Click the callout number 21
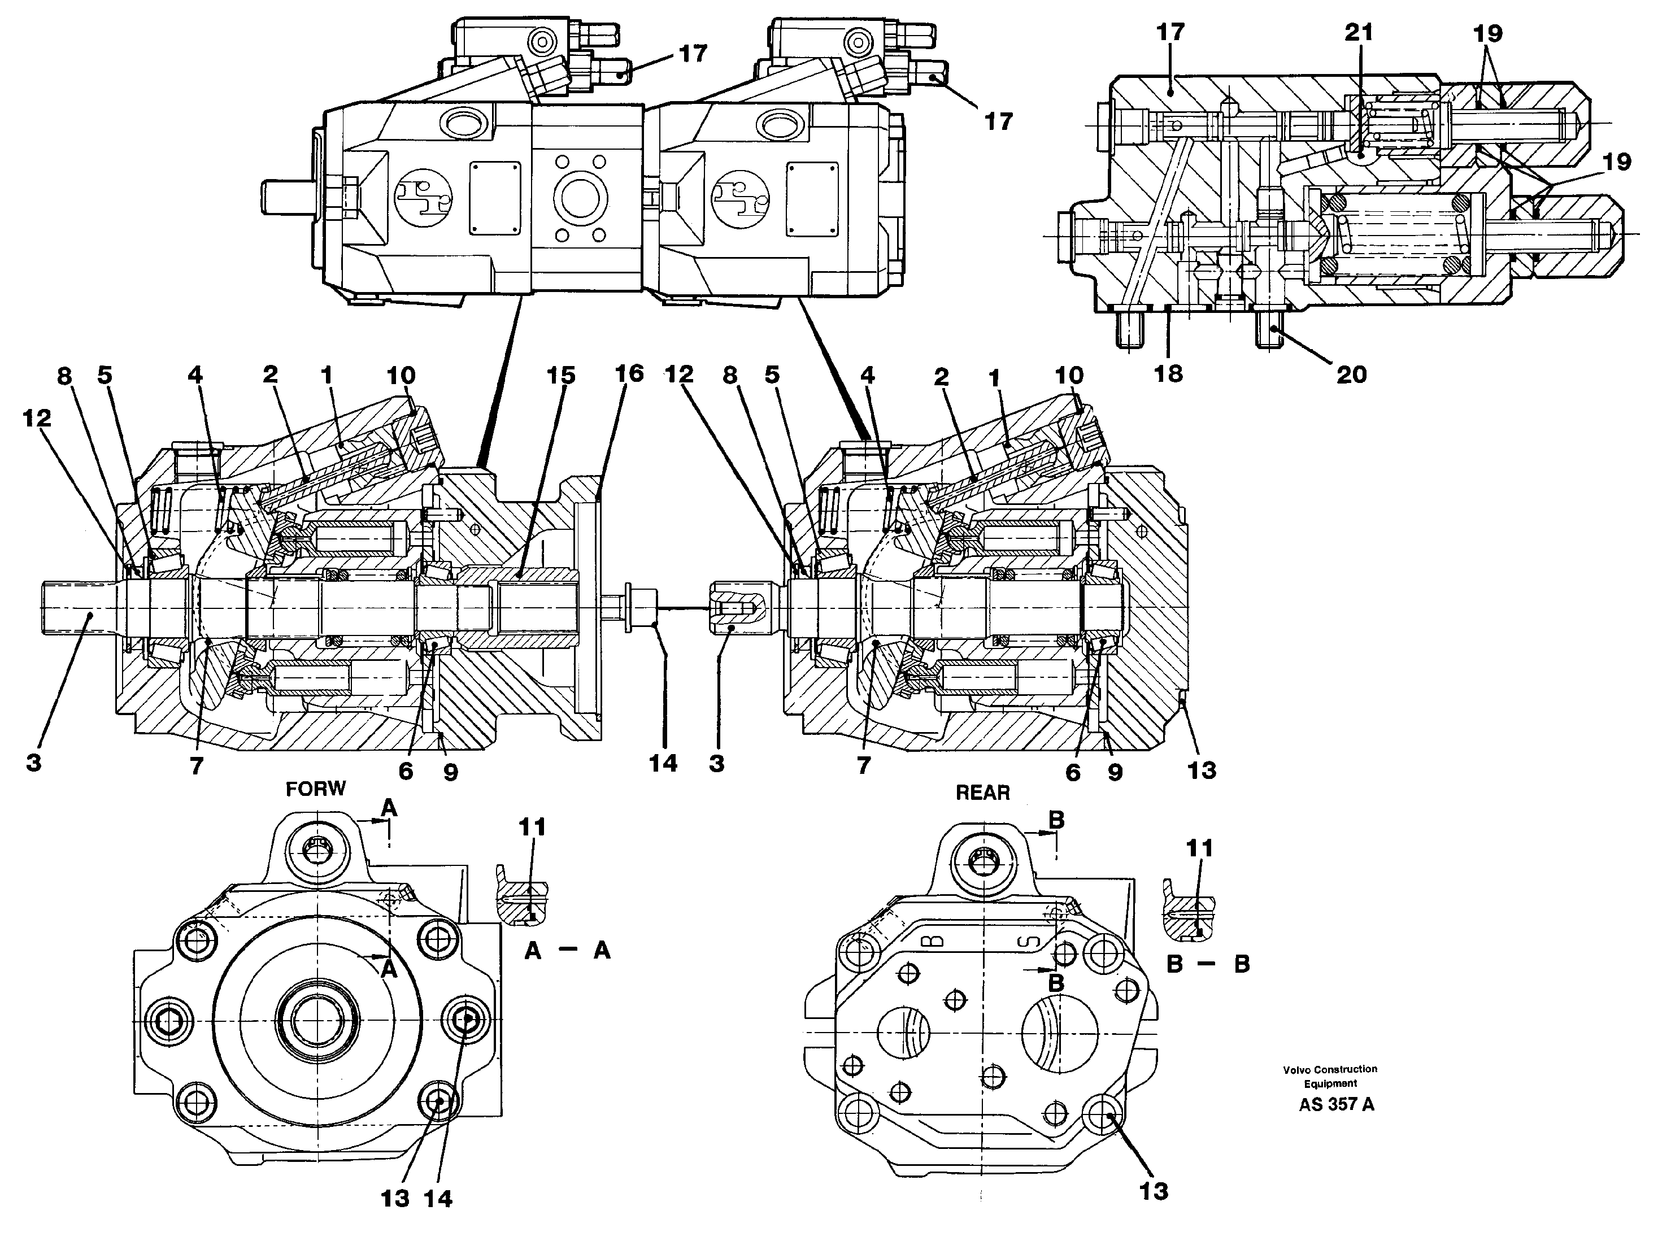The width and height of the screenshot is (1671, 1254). (x=1358, y=33)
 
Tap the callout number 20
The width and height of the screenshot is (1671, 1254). (x=1351, y=374)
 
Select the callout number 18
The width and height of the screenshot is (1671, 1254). (x=1168, y=373)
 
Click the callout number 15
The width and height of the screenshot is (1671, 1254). (x=560, y=376)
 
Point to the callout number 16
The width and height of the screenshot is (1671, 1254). (x=629, y=373)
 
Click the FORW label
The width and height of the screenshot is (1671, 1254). (x=315, y=789)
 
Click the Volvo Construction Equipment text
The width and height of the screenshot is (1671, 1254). (x=1330, y=1076)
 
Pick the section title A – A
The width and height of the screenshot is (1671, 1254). (x=567, y=950)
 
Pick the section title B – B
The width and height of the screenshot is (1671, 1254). (x=1208, y=964)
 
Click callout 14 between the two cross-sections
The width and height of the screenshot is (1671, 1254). (x=663, y=763)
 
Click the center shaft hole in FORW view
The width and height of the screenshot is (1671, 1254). (x=318, y=1020)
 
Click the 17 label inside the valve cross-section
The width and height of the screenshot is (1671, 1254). (x=1169, y=33)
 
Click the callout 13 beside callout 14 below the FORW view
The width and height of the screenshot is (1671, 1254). (x=394, y=1198)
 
